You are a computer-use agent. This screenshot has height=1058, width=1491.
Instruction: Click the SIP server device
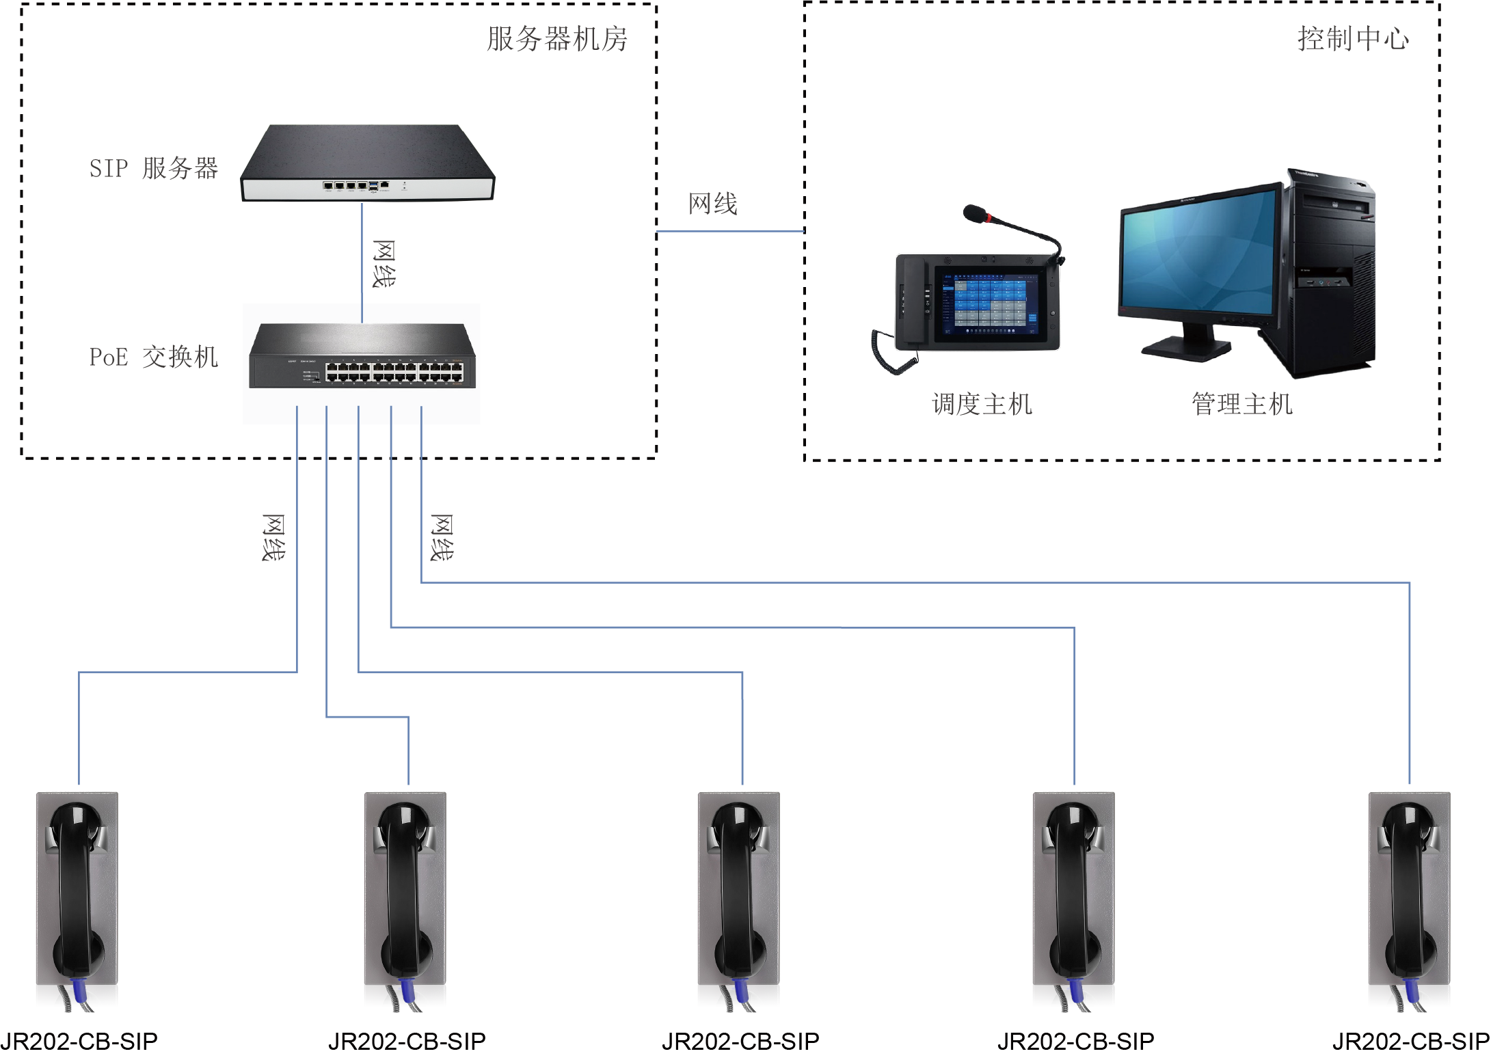[367, 163]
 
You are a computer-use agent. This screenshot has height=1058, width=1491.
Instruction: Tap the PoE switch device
[362, 356]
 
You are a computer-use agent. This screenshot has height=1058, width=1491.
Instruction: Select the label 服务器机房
[557, 39]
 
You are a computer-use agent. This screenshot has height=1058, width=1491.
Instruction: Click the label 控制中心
[1353, 39]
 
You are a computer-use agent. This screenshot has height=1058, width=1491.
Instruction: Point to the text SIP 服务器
[153, 168]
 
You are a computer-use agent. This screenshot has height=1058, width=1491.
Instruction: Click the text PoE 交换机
[153, 357]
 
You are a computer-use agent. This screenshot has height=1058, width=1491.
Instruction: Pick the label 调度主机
[982, 404]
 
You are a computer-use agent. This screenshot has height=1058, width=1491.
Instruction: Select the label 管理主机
[1242, 404]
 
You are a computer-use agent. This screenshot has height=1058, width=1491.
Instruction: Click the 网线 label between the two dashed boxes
[713, 204]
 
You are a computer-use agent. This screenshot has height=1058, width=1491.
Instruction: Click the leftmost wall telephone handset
[76, 889]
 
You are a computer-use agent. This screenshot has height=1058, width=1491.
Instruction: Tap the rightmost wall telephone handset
[1408, 889]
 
